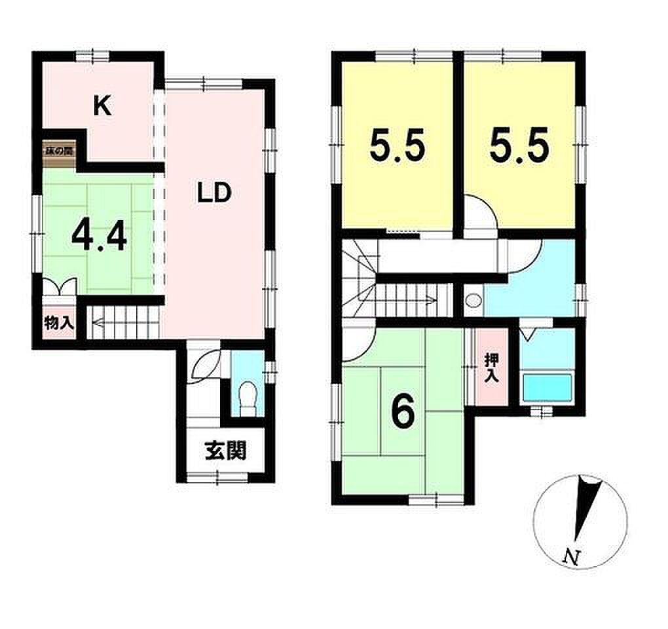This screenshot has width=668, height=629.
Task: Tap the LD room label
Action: [x=214, y=193]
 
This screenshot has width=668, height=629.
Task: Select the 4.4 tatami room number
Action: [x=99, y=237]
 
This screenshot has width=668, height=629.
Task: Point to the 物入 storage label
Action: [x=60, y=323]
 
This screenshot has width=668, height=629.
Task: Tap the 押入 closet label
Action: [x=492, y=368]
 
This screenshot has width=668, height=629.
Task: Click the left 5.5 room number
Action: [x=397, y=145]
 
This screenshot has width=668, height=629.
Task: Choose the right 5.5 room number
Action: [x=519, y=145]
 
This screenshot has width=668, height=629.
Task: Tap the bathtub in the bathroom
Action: [x=547, y=387]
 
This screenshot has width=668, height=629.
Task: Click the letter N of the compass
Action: [x=571, y=556]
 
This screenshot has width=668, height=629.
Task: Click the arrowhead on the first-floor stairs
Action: [x=97, y=324]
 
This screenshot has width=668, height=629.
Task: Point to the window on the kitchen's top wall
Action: [x=93, y=56]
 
